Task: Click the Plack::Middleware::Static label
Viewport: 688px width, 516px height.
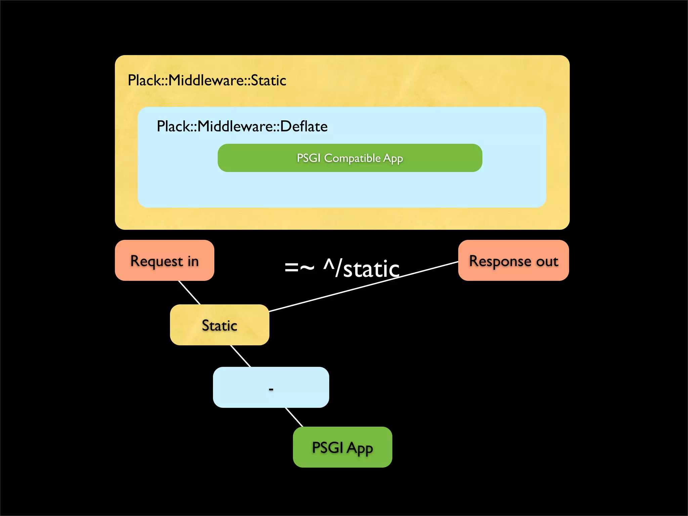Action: point(207,80)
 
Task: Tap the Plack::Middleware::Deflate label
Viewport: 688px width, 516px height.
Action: point(242,127)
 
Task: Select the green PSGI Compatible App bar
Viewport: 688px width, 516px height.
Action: point(350,158)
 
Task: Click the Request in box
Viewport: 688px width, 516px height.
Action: point(164,260)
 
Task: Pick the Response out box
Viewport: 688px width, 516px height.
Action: point(513,260)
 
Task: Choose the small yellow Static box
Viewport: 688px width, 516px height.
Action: point(219,325)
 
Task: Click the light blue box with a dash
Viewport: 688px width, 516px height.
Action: point(271,387)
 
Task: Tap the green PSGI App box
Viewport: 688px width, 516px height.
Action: point(342,447)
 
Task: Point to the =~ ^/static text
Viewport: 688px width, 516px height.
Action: point(342,268)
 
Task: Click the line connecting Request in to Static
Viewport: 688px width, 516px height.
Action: point(189,293)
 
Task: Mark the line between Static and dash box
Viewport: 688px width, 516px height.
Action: point(241,356)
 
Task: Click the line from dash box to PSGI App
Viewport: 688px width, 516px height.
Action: point(294,417)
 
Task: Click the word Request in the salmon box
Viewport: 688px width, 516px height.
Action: point(157,261)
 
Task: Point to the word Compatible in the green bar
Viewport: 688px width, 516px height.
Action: point(352,158)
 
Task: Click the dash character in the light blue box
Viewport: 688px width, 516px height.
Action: point(271,389)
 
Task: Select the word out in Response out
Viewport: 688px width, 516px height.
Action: point(547,261)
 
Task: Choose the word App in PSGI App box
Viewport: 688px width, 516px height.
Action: point(360,448)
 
